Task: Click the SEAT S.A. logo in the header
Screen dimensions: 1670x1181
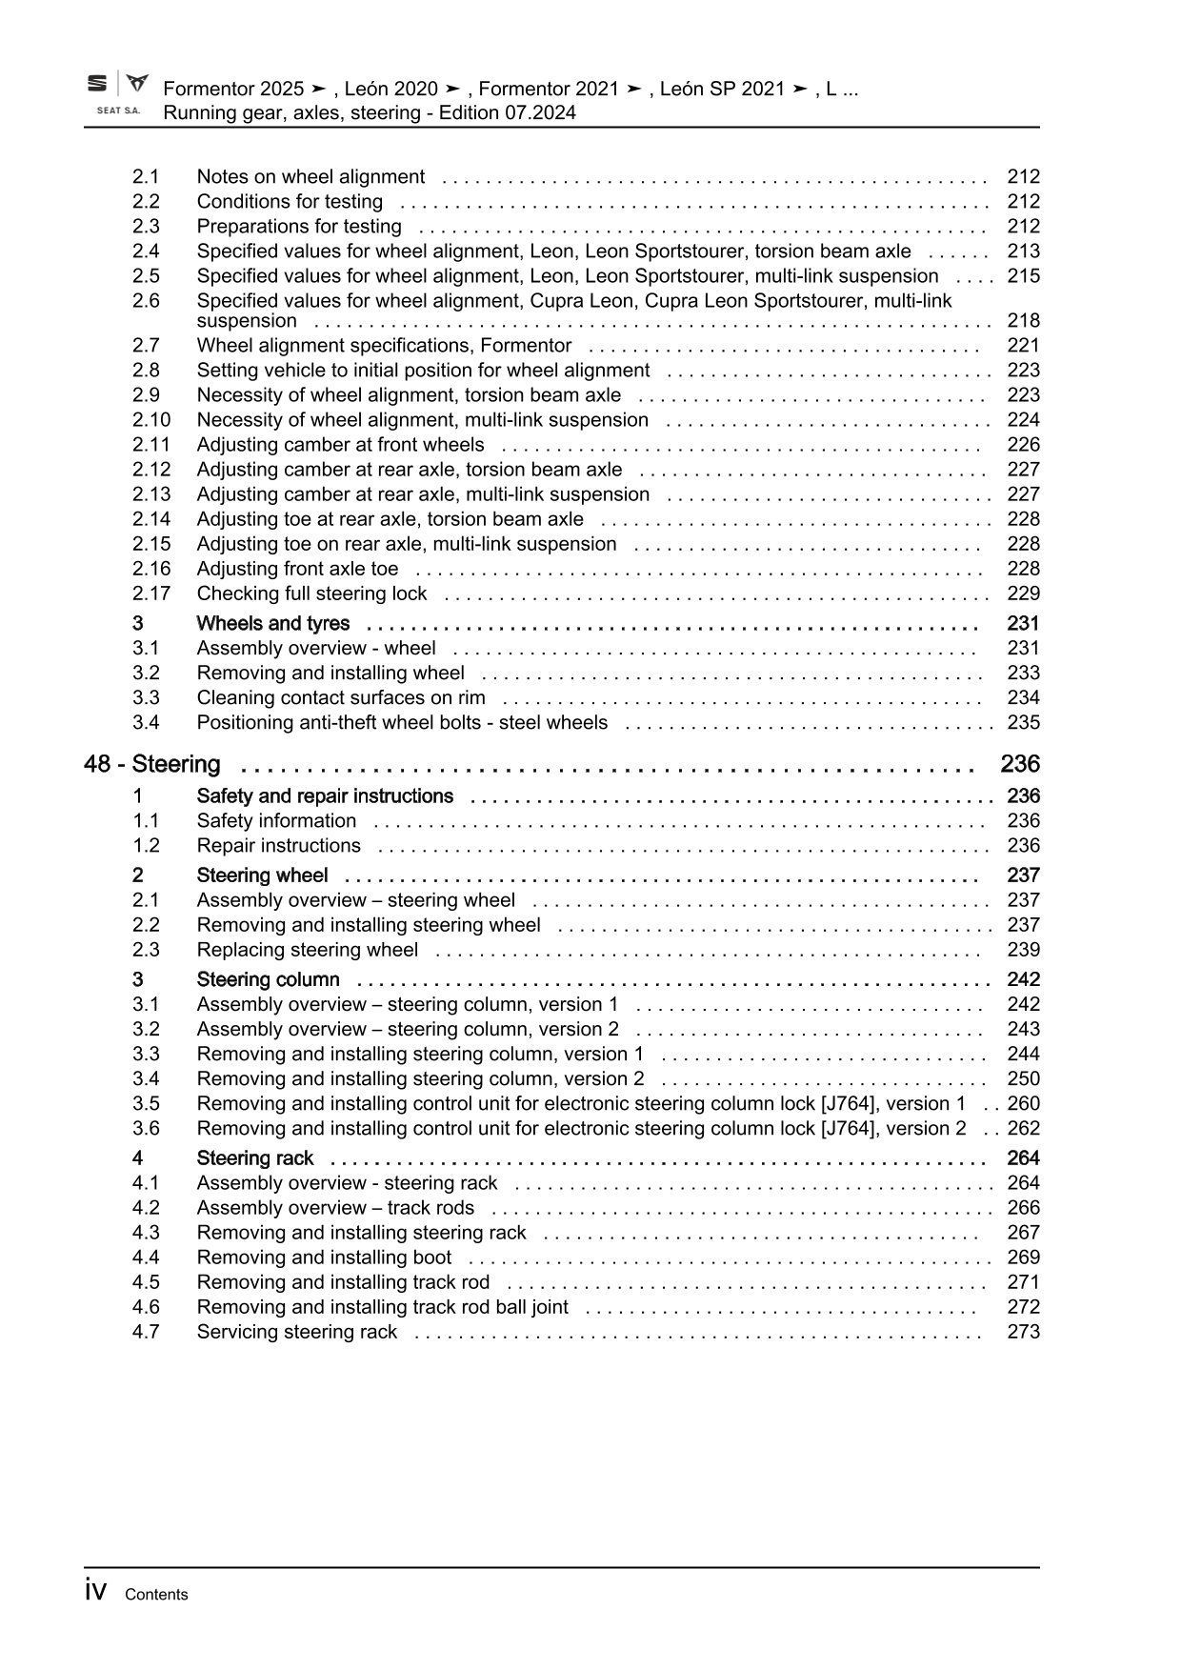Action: tap(118, 93)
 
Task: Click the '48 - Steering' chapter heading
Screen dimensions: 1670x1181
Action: tap(152, 764)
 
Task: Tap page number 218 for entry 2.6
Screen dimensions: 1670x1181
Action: tap(1023, 321)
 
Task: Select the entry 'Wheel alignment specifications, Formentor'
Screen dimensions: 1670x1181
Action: tap(384, 346)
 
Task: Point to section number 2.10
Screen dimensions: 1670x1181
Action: tap(151, 420)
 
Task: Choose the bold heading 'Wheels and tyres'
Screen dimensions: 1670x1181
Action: tap(272, 624)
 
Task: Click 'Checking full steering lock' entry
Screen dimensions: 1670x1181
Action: tap(311, 594)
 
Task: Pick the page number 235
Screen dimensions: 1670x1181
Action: tap(1023, 723)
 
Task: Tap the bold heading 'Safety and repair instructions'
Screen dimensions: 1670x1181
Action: tap(325, 796)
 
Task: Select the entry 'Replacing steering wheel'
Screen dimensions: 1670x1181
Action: tap(307, 950)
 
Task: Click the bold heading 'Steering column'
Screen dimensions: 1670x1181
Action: tap(268, 980)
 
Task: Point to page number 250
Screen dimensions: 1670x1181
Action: tap(1023, 1079)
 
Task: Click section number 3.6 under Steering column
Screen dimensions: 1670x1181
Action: tap(146, 1129)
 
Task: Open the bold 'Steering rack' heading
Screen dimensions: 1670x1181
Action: tap(254, 1158)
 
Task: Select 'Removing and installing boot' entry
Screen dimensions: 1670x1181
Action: tap(324, 1258)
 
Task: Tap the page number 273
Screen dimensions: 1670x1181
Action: tap(1023, 1332)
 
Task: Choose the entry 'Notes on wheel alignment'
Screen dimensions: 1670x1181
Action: tap(310, 177)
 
